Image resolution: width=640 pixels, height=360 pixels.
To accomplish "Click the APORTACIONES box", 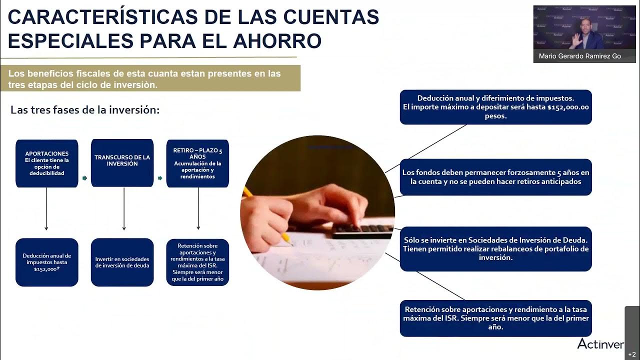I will pos(47,163).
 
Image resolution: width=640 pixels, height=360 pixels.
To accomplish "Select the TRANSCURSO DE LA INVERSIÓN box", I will pos(122,163).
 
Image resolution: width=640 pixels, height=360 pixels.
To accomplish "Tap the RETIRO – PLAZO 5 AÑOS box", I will pos(197,163).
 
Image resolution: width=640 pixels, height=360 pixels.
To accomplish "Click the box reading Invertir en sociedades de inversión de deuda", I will pos(122,262).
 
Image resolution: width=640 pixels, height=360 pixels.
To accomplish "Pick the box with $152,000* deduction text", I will pos(47,262).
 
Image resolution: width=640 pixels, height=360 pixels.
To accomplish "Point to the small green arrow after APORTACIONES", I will pos(84,178).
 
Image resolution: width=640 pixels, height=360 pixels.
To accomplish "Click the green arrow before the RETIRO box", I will pos(160,178).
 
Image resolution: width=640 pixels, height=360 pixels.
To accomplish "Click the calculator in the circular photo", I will pos(362,229).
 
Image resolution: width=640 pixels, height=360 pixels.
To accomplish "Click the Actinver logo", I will pos(600,343).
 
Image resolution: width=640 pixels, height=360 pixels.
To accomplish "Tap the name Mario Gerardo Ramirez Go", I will pos(579,56).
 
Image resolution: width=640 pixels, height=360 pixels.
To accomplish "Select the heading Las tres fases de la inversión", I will pos(85,110).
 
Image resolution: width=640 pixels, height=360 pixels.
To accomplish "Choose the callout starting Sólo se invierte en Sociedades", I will pos(495,248).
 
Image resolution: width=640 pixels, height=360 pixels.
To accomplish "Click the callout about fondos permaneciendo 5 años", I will pos(495,177).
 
